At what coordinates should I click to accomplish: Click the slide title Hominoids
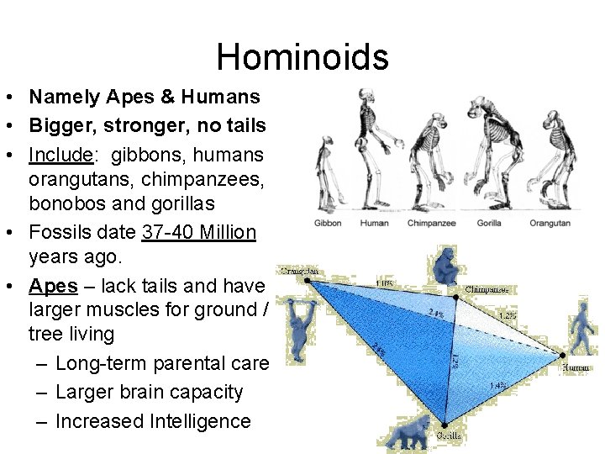point(302,57)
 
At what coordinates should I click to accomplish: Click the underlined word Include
point(60,156)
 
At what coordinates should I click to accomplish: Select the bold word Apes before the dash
point(54,286)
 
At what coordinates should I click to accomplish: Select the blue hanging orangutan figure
point(298,324)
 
